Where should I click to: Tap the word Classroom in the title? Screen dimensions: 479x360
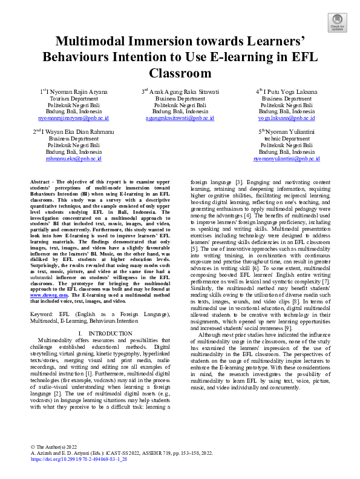180,73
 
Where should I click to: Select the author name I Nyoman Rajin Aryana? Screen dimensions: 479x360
76,91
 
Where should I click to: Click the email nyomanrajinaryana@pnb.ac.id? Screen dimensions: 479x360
74,119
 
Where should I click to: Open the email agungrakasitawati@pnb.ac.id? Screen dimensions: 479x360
180,119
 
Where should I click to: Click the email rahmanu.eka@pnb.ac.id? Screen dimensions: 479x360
74,159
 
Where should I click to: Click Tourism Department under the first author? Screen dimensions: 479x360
74,98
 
